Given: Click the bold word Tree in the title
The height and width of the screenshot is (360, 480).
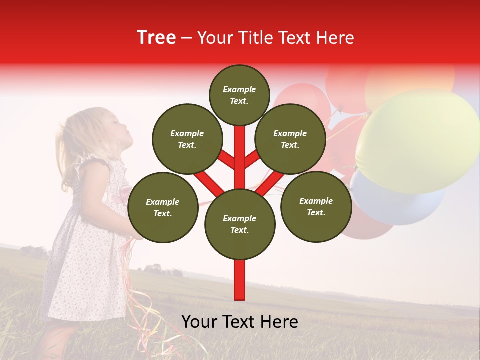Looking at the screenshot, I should (156, 37).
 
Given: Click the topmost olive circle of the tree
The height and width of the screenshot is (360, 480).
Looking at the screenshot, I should (239, 95).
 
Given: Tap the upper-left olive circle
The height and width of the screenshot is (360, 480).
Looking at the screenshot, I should (187, 139).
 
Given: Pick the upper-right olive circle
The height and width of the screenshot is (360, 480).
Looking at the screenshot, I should (290, 139).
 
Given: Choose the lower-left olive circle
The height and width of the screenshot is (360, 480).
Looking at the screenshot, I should (163, 207).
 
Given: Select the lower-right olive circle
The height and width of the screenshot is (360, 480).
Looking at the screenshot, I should (316, 206).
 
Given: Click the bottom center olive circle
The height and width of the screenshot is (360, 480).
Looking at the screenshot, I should (240, 224).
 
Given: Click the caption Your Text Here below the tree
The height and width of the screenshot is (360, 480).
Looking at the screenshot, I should (240, 322).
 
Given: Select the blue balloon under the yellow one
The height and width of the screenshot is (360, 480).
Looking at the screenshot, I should (395, 205).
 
